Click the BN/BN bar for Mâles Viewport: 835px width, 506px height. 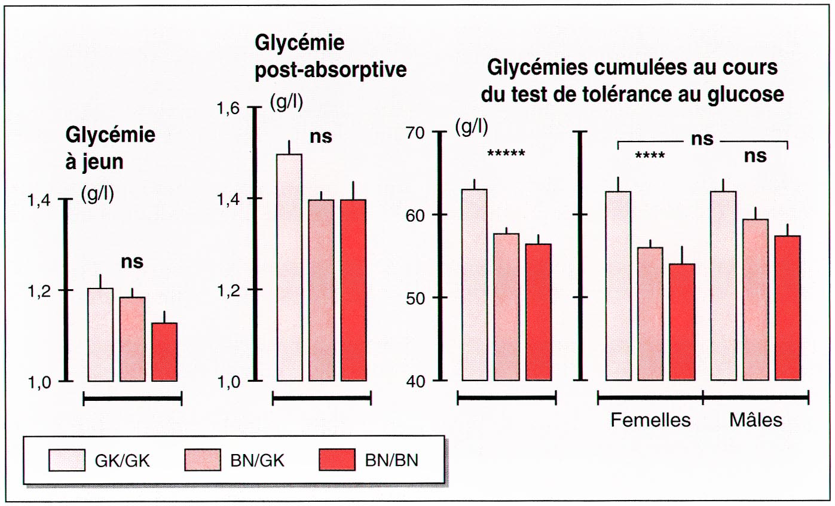pos(787,308)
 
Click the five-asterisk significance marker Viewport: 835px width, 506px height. pos(506,154)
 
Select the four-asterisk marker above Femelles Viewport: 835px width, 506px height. pos(650,157)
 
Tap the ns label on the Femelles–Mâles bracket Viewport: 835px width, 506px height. pos(702,139)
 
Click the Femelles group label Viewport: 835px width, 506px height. pos(650,420)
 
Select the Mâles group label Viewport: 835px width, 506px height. pos(756,419)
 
